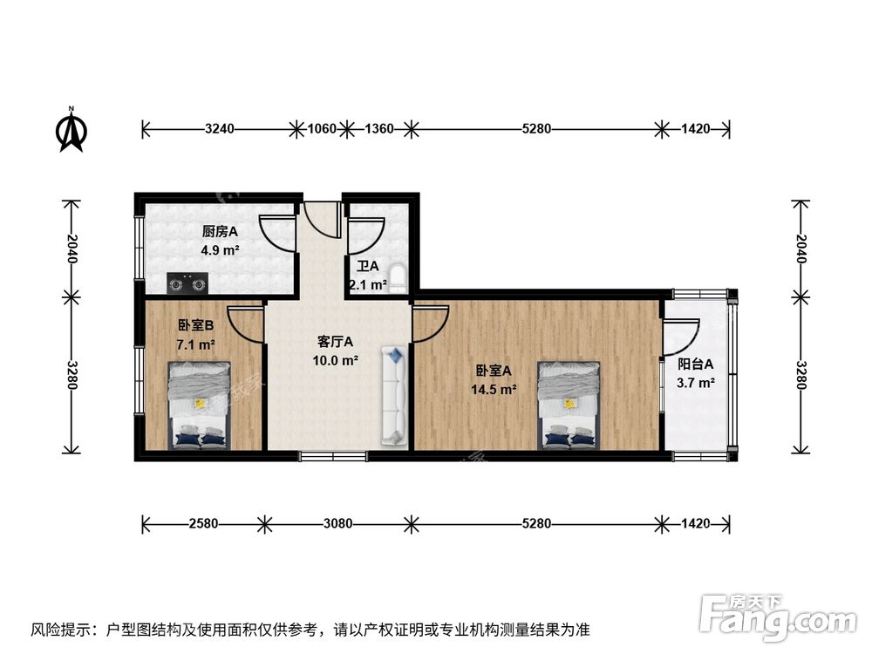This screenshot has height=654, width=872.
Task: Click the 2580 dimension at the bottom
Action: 203,524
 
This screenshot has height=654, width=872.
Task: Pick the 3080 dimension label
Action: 337,524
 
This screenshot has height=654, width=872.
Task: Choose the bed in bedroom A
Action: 569,405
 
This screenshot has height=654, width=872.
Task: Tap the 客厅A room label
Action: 335,343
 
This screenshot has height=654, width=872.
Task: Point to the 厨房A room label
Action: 220,232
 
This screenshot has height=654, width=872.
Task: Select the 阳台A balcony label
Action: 696,364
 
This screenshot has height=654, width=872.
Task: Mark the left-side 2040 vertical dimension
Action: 72,249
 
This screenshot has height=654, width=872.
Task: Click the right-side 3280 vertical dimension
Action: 800,375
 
